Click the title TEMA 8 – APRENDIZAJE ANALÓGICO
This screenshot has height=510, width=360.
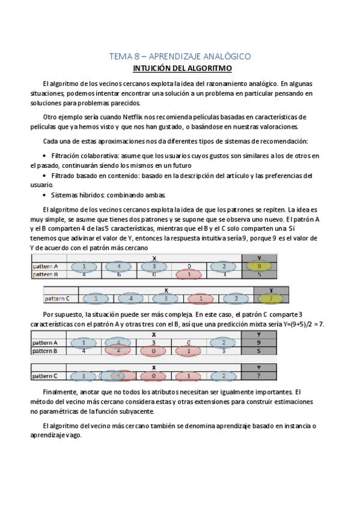(180, 57)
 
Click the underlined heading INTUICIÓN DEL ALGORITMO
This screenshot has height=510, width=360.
(180, 68)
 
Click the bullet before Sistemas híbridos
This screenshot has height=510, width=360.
(46, 195)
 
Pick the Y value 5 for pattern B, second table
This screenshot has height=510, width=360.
(258, 351)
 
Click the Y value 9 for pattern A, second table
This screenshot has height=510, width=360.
(258, 342)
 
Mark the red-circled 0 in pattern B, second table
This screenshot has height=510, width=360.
(154, 351)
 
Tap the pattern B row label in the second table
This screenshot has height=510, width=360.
(46, 351)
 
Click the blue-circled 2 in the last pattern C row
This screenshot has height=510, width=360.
(223, 376)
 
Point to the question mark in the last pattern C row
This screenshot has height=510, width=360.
(258, 376)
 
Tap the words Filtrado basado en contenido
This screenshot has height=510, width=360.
(91, 176)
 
